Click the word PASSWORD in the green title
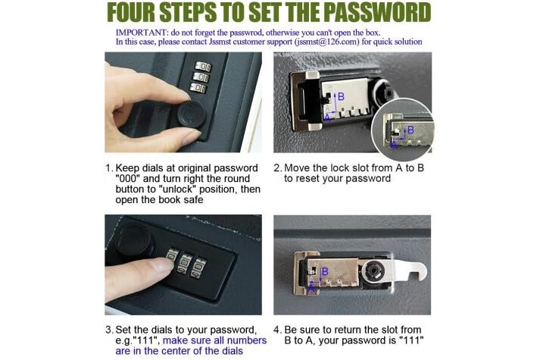click(x=377, y=13)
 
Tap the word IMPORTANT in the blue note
click(x=141, y=33)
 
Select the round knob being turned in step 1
click(x=192, y=114)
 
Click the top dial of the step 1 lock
click(x=203, y=66)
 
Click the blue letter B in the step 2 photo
click(x=341, y=96)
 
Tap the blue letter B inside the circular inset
click(x=410, y=130)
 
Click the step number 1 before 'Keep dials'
click(x=109, y=168)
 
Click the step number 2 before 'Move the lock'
click(x=278, y=168)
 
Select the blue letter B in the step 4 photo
click(x=325, y=272)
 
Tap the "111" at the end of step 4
click(x=411, y=340)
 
